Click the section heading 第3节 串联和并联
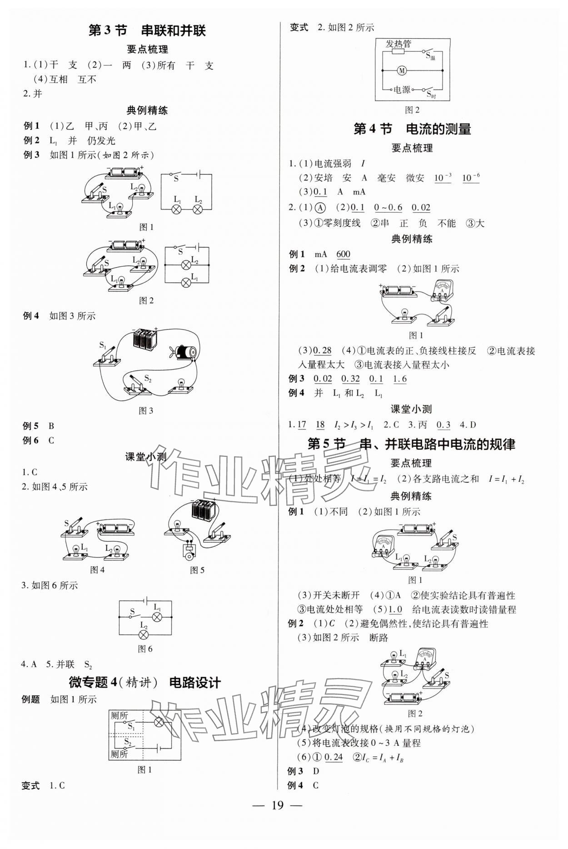(147, 30)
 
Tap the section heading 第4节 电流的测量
(412, 129)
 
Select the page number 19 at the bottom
(277, 818)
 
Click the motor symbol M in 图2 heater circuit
(402, 70)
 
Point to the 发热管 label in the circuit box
(399, 44)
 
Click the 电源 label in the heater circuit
(402, 90)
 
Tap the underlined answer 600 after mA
(343, 255)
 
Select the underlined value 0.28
(323, 350)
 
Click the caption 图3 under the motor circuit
(146, 411)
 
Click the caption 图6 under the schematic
(145, 649)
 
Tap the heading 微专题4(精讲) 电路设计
(144, 683)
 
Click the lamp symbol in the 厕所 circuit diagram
(159, 722)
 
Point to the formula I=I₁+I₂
(506, 479)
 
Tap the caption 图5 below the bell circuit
(197, 570)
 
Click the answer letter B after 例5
(51, 426)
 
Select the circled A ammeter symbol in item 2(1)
(320, 208)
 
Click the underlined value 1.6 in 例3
(400, 379)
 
